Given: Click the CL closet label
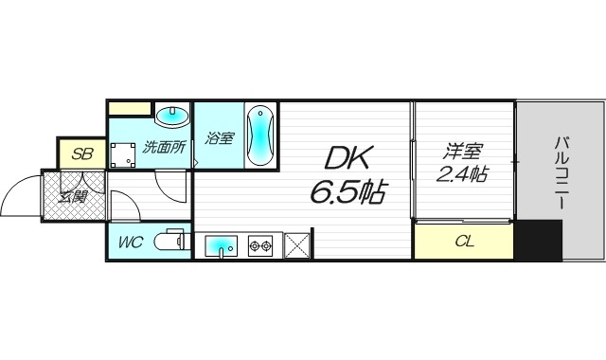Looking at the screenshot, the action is click(464, 242).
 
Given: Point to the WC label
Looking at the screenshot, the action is click(130, 242).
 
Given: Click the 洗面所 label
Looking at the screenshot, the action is click(162, 148).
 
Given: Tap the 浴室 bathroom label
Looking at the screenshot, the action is click(219, 138).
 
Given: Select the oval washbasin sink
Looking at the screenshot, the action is click(171, 117).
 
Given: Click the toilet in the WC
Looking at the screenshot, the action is click(173, 242).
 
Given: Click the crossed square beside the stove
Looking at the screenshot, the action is click(296, 245).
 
